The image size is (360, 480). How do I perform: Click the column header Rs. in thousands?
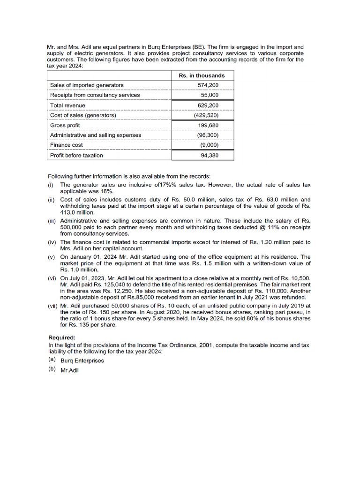pyautogui.click(x=202, y=75)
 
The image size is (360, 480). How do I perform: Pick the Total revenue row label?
pyautogui.click(x=67, y=105)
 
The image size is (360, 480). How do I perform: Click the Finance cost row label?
pyautogui.click(x=67, y=145)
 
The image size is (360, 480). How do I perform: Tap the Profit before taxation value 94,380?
pyautogui.click(x=210, y=155)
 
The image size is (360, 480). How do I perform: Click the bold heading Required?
pyautogui.click(x=62, y=337)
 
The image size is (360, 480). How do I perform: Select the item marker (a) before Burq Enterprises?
pyautogui.click(x=52, y=360)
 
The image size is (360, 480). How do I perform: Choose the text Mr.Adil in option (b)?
pyautogui.click(x=70, y=370)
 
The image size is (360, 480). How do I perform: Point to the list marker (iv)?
pyautogui.click(x=52, y=242)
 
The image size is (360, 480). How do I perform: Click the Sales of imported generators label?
pyautogui.click(x=87, y=85)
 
